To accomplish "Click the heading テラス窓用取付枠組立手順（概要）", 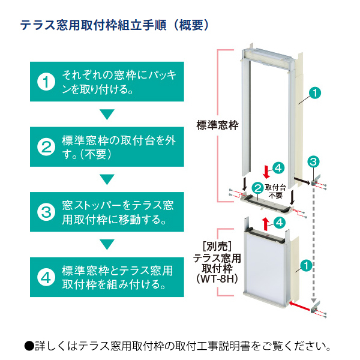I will point(115,25).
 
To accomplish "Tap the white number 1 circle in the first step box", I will point(46,83).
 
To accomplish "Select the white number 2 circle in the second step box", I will point(46,148).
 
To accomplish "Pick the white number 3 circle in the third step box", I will point(46,211).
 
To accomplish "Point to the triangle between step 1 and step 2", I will point(107,115).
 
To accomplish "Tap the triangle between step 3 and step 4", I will point(107,244).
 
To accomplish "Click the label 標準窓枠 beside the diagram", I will point(217,126).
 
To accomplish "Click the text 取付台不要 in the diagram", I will point(275,191).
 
